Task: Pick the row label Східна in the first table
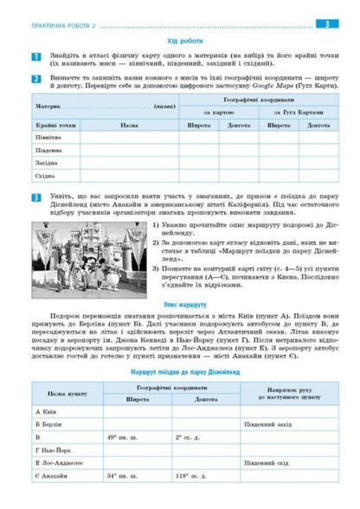46,176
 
